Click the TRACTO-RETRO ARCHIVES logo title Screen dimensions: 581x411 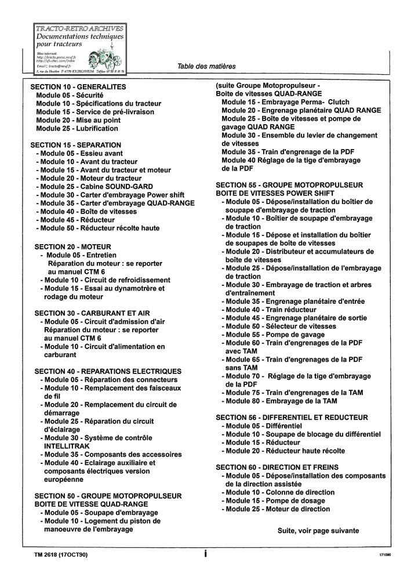[x=79, y=28]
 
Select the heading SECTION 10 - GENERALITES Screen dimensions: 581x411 [x=78, y=86]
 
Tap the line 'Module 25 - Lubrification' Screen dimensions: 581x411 [x=78, y=128]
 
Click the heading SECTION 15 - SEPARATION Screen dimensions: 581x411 [x=75, y=145]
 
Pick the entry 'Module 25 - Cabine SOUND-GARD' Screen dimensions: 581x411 [x=94, y=187]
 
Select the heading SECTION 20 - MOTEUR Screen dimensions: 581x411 [x=72, y=246]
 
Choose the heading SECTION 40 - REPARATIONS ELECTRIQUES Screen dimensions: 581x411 [x=108, y=371]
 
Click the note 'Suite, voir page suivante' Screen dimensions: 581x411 [x=318, y=530]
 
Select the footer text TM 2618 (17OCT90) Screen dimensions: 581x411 [x=61, y=555]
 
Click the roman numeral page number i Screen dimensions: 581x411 [x=205, y=554]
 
